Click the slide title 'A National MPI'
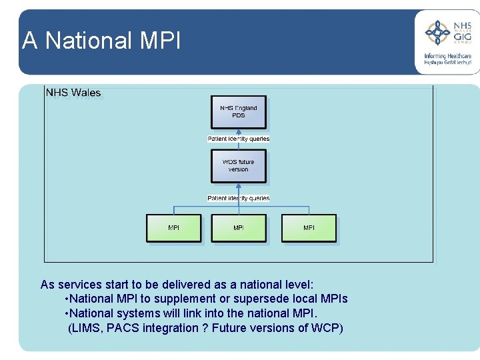coord(101,41)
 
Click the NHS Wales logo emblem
coord(437,33)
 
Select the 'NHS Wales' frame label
coord(73,93)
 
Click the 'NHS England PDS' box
coord(239,112)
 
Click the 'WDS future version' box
coord(239,166)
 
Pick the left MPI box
coord(173,228)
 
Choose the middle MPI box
coord(239,228)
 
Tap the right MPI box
coord(309,228)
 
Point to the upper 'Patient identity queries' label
coord(239,139)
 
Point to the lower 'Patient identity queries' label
coord(239,198)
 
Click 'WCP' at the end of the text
coord(325,328)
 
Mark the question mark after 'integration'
coord(205,328)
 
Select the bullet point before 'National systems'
coord(67,313)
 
